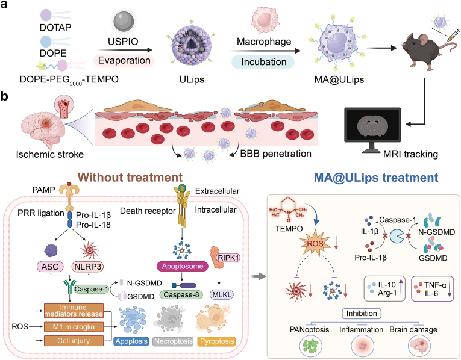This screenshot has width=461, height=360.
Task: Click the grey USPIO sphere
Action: (x=124, y=22)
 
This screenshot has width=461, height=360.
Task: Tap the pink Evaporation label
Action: (x=124, y=60)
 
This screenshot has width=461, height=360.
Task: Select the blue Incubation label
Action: (x=263, y=62)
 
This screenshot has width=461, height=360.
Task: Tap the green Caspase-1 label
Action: (x=91, y=289)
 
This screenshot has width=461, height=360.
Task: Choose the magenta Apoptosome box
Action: (x=183, y=266)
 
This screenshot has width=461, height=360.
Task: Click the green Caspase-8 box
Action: (x=181, y=294)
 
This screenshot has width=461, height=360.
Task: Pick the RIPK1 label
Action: (x=228, y=258)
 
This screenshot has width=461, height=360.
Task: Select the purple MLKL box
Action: (x=222, y=294)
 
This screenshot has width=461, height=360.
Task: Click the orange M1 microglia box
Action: (x=74, y=327)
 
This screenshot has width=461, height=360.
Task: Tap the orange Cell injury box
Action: (x=74, y=341)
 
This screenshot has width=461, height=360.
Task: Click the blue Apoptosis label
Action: (x=131, y=341)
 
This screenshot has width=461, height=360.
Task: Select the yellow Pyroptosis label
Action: (x=217, y=341)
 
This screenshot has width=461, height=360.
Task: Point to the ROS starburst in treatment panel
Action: (x=315, y=243)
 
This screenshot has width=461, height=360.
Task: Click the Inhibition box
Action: (x=362, y=314)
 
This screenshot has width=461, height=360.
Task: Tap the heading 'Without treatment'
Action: (x=131, y=178)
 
